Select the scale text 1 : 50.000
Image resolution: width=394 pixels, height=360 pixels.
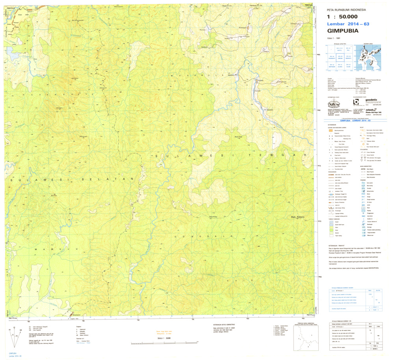coord(342,17)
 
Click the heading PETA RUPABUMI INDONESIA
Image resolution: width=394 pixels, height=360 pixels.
coord(344,10)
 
